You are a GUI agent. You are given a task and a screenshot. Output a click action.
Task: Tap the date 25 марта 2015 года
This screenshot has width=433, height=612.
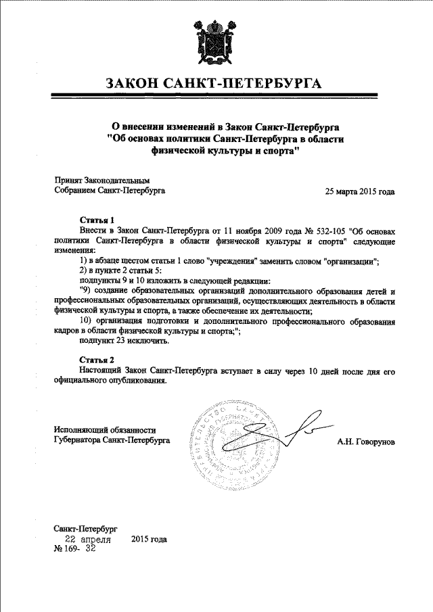pos(360,191)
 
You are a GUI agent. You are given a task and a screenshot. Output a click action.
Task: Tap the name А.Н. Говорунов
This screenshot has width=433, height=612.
pos(366,442)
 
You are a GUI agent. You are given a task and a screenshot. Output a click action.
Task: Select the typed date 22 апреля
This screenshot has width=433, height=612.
pos(88,540)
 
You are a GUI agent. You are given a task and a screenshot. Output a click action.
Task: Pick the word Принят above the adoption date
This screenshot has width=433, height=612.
pos(68,181)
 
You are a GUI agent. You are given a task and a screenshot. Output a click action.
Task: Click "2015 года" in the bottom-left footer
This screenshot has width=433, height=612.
pos(149,540)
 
